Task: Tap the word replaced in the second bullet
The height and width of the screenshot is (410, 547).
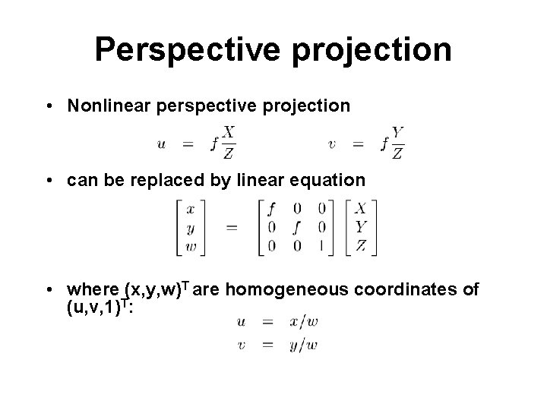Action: click(173, 181)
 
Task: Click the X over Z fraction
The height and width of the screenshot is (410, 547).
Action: click(228, 143)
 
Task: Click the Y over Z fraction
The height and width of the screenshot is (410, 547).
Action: click(397, 143)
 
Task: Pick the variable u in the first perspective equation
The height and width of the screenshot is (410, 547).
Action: click(162, 143)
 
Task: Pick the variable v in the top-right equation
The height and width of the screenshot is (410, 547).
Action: click(332, 143)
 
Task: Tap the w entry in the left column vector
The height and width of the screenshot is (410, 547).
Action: click(190, 244)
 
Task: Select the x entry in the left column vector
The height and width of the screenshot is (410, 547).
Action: click(190, 207)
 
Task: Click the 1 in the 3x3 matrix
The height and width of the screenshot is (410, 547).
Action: click(322, 244)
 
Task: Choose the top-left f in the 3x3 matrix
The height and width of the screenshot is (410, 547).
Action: click(272, 207)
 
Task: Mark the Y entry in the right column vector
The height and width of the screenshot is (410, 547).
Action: click(362, 225)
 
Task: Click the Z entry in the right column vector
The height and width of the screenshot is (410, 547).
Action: click(362, 244)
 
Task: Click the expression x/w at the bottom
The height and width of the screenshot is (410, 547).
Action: click(304, 322)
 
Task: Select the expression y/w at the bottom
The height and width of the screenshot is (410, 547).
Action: click(304, 345)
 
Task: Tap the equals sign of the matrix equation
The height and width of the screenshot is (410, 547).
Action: click(231, 226)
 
